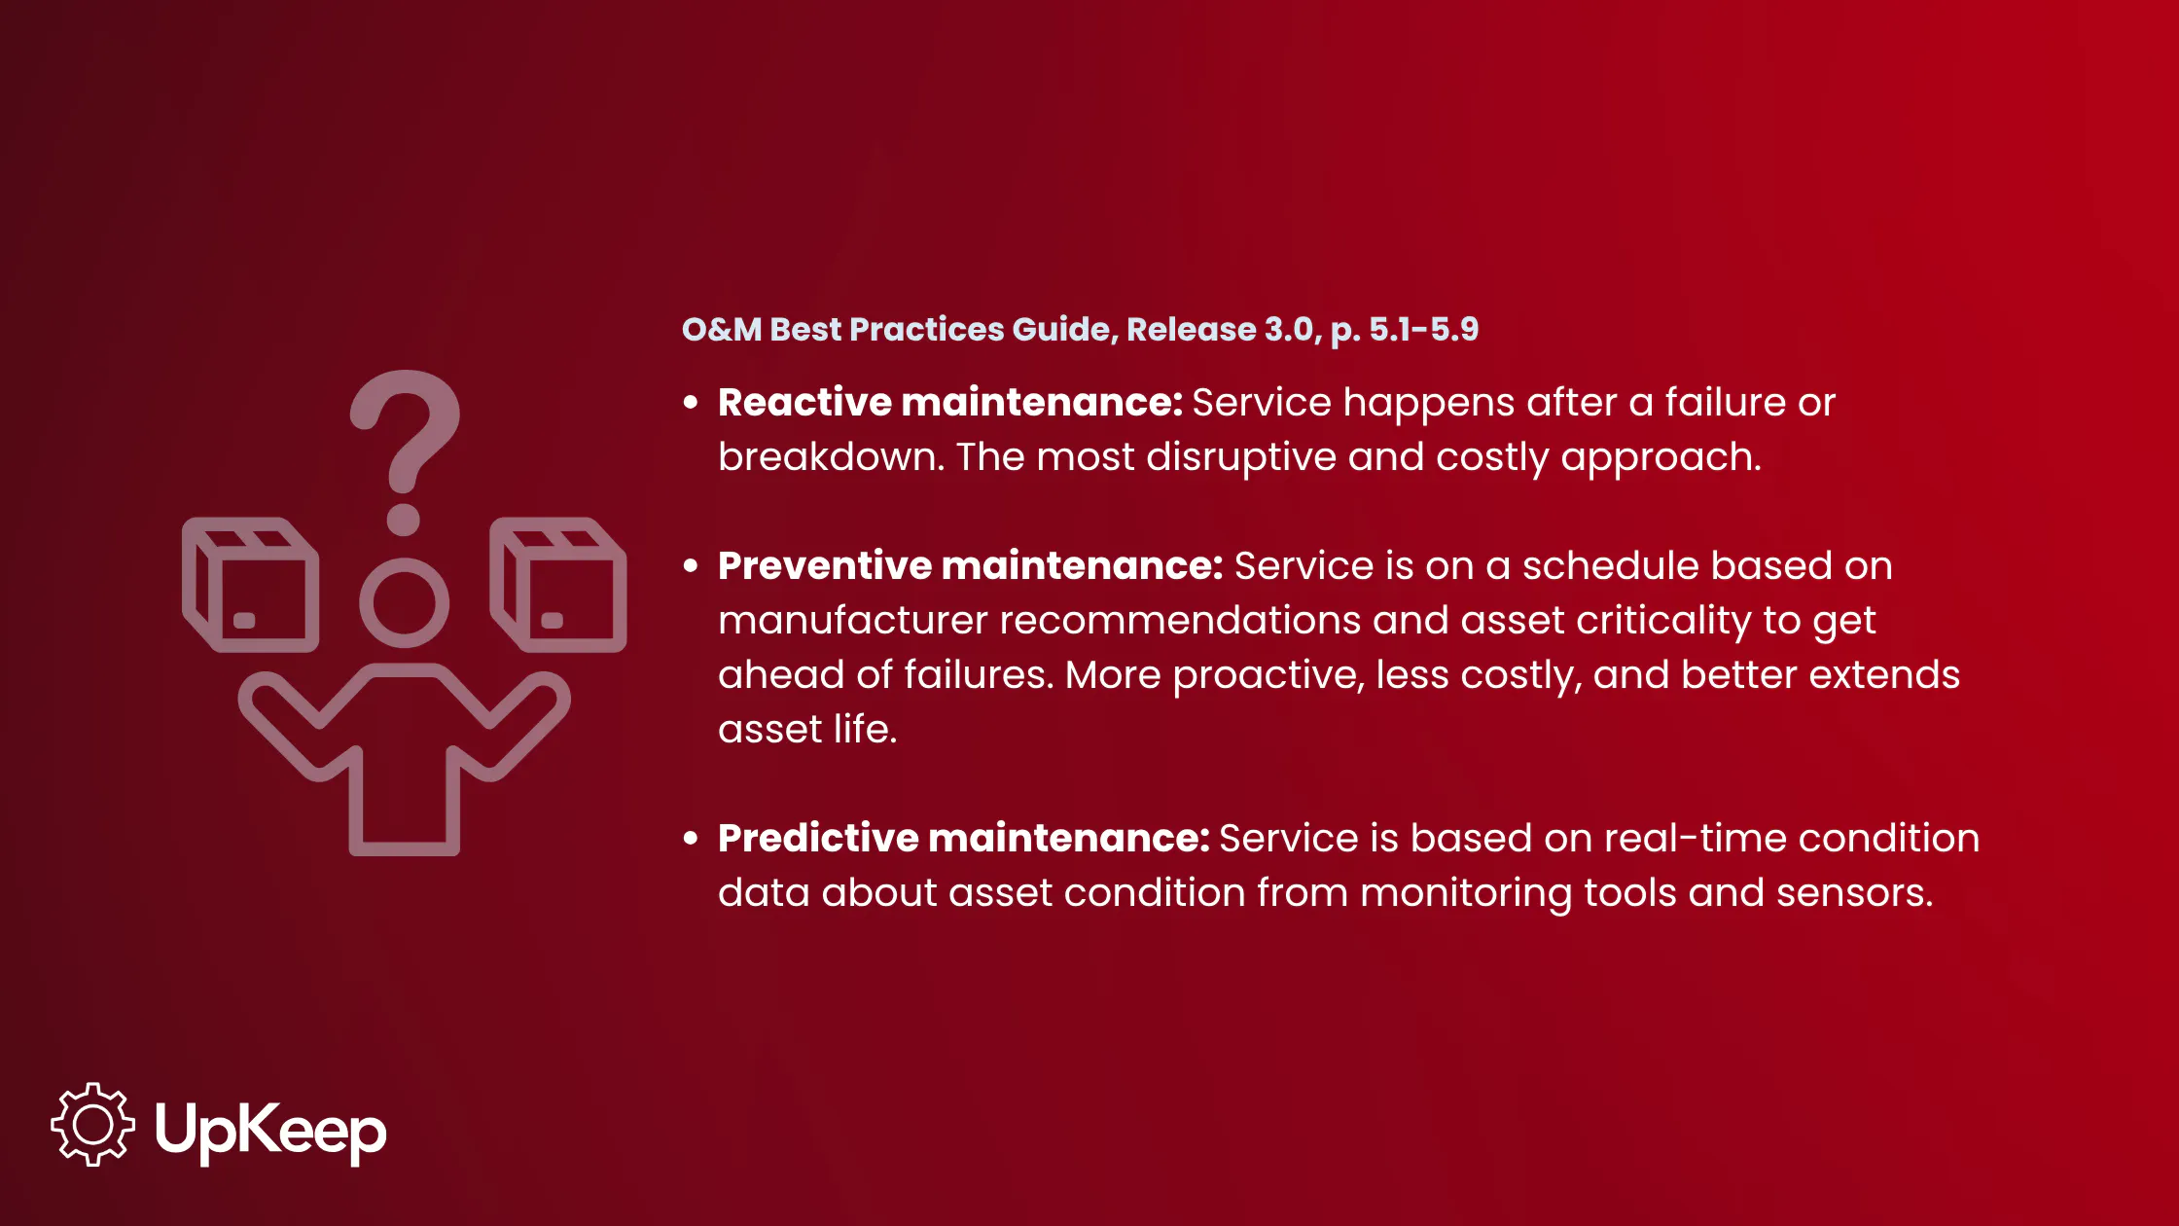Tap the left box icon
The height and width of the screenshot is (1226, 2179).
[x=251, y=585]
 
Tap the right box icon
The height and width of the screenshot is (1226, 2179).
[x=558, y=585]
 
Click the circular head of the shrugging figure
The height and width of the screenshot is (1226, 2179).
[x=404, y=603]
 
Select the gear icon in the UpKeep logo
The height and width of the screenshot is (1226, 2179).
[x=93, y=1125]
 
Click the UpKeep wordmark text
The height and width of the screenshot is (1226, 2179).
[x=271, y=1131]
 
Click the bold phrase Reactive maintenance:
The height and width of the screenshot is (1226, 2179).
[x=950, y=402]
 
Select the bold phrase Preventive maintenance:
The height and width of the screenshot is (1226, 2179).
[x=971, y=565]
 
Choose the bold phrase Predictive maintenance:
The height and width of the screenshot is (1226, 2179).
[x=964, y=838]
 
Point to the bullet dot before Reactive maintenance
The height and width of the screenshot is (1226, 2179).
[x=691, y=403]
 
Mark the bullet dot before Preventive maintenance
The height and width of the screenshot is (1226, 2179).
[x=691, y=566]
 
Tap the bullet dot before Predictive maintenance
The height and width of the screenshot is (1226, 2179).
[x=691, y=839]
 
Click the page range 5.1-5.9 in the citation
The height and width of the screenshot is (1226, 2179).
[x=1424, y=329]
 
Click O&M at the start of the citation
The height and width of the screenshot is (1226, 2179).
[x=722, y=329]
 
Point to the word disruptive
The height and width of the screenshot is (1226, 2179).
[x=1241, y=457]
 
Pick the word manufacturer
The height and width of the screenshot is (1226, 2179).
[x=853, y=620]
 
